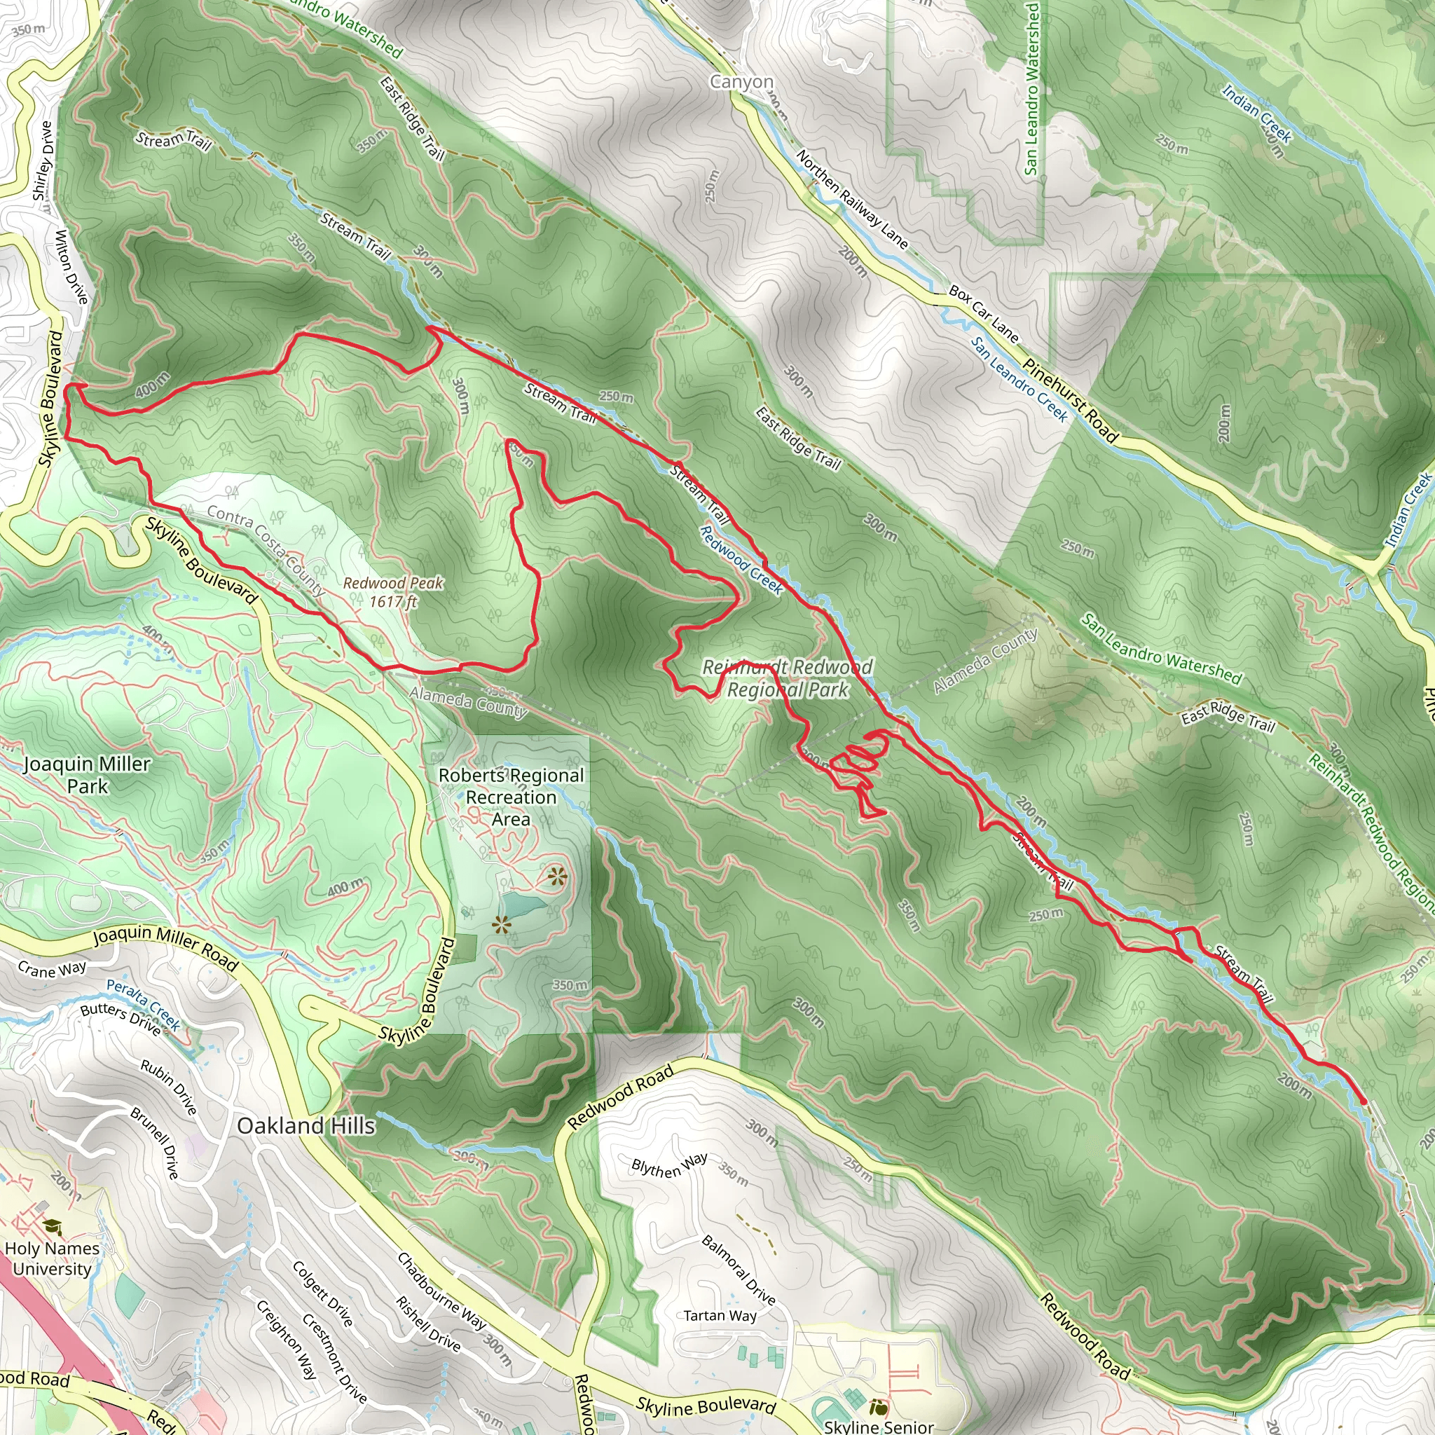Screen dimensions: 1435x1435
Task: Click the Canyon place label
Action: coord(741,82)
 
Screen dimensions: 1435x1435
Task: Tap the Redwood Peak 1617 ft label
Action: coord(393,592)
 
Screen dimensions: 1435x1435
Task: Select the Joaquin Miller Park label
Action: coord(87,775)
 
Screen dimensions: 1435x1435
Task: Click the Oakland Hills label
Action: coord(306,1125)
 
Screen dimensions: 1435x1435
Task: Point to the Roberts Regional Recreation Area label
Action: coord(511,796)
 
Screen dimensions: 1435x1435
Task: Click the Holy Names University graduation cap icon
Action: coord(53,1226)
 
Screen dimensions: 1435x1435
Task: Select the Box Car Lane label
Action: coord(984,314)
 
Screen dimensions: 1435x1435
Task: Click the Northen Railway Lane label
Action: coord(852,199)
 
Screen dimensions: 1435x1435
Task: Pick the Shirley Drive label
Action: coord(43,161)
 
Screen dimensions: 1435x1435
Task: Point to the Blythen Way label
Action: coord(669,1166)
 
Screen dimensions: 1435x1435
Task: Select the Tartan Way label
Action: coord(720,1316)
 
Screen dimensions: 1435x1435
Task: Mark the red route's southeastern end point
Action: coord(1362,1101)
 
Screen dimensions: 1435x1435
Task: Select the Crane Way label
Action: coord(52,969)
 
